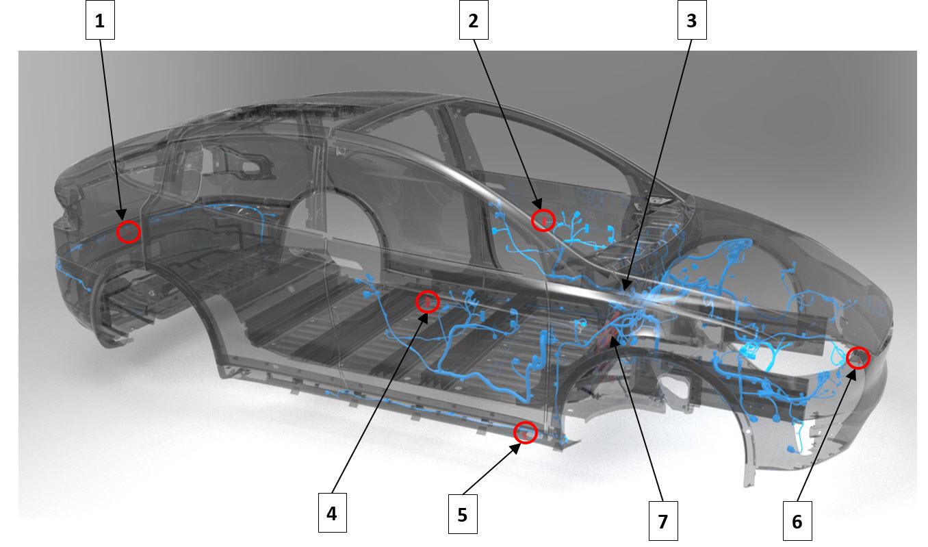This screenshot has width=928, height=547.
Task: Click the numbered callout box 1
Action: pyautogui.click(x=100, y=20)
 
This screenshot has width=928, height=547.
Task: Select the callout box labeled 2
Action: pyautogui.click(x=474, y=20)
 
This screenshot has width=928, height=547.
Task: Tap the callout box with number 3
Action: pyautogui.click(x=692, y=20)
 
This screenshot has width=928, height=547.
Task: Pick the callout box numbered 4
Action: pyautogui.click(x=332, y=513)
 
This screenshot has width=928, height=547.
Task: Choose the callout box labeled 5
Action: pyautogui.click(x=463, y=514)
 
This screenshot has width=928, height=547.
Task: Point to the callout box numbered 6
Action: pyautogui.click(x=797, y=521)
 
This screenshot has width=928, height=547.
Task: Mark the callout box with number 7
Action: pyautogui.click(x=663, y=521)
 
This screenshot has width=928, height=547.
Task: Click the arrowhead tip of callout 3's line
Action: pyautogui.click(x=623, y=290)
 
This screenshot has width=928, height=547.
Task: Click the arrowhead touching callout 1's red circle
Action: pyautogui.click(x=121, y=215)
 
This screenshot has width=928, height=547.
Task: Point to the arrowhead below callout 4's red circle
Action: pyautogui.click(x=424, y=318)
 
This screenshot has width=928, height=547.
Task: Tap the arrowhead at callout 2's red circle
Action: pyautogui.click(x=537, y=203)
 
